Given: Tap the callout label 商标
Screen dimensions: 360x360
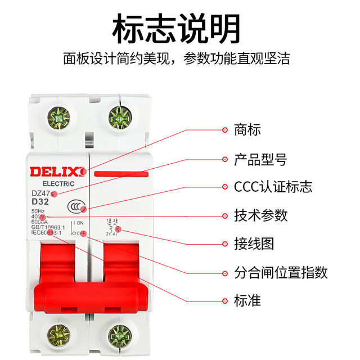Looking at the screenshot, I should coord(247,130).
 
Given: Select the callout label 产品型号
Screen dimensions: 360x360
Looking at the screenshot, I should coord(260,159).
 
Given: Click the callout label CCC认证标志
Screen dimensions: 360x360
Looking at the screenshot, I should coord(273,187).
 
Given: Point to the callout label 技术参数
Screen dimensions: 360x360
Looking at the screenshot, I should coord(260,215).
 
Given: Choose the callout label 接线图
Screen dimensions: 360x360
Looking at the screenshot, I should coord(254,244).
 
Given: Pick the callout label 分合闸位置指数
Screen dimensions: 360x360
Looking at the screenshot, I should coord(280,273).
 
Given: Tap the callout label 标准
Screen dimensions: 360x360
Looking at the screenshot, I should coord(247,300).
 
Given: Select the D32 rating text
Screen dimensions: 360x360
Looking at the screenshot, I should coord(40,202).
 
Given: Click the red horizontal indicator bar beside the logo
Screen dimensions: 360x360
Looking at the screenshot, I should coord(121,174).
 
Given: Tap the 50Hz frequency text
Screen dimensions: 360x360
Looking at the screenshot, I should coord(39,211).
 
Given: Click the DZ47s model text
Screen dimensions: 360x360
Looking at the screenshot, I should coord(42,193).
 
